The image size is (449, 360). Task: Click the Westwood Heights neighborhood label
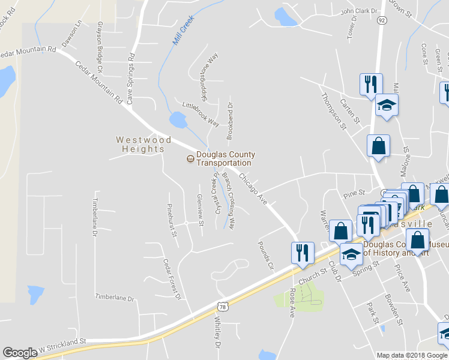[140, 144]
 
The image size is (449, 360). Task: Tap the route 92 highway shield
[382, 20]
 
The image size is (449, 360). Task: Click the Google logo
[20, 353]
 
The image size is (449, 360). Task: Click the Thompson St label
[334, 110]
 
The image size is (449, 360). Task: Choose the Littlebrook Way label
[201, 114]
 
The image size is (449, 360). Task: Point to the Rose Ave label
[293, 302]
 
